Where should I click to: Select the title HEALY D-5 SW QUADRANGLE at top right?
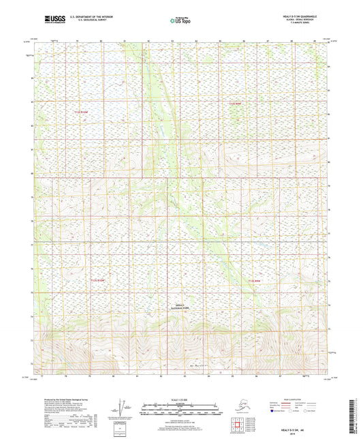pyautogui.click(x=298, y=14)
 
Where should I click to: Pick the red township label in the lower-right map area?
pyautogui.click(x=254, y=280)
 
